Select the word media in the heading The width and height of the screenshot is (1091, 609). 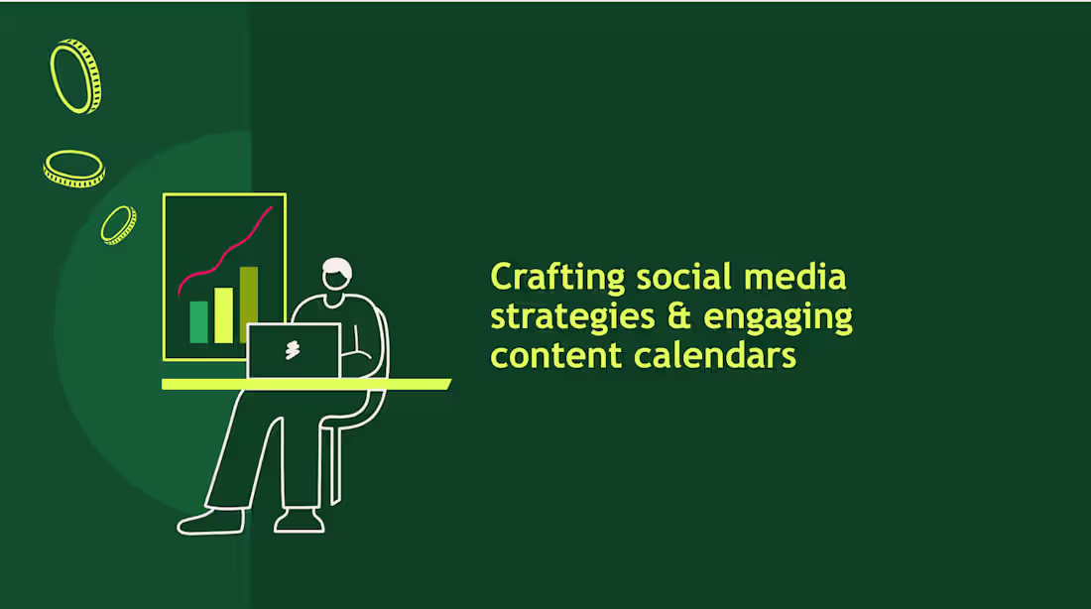click(804, 278)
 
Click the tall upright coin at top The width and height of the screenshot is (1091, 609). click(75, 76)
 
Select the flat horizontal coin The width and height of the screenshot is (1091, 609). click(73, 168)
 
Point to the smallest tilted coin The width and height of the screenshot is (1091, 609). click(118, 225)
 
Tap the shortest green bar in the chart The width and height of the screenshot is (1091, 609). click(198, 322)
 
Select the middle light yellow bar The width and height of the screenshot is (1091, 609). click(224, 315)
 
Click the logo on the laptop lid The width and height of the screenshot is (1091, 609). click(293, 350)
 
